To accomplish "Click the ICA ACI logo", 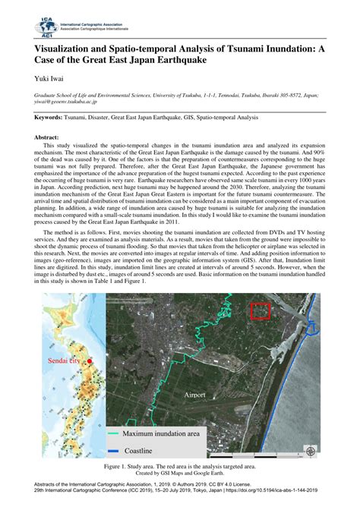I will click(x=47, y=27).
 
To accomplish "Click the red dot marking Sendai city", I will click(x=89, y=361).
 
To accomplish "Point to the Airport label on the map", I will click(x=196, y=395).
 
